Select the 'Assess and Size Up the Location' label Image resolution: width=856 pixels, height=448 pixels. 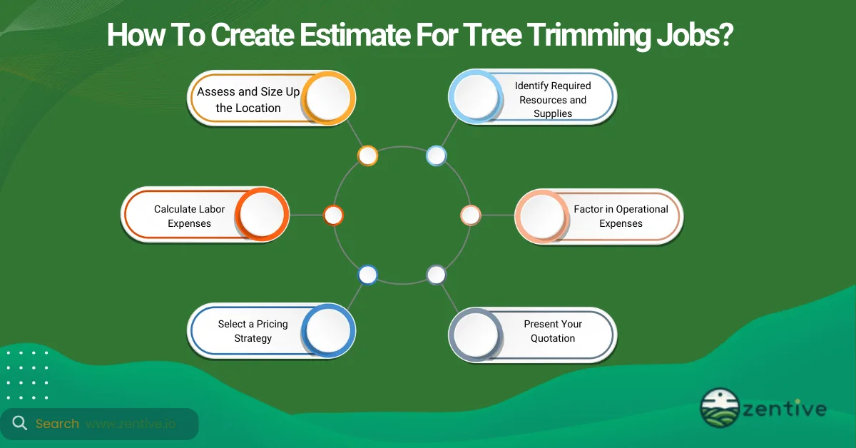tap(248, 100)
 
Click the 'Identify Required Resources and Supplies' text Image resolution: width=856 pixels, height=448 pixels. tap(553, 99)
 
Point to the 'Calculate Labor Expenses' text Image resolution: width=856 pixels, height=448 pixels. tap(189, 216)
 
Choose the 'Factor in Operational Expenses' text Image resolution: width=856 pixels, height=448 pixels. tap(621, 216)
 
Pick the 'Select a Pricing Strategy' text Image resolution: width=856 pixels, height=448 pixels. tap(253, 331)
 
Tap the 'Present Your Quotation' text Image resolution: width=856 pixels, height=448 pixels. tap(553, 331)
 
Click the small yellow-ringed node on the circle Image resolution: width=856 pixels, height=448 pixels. tap(367, 156)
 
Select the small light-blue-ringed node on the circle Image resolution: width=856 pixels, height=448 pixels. tap(436, 156)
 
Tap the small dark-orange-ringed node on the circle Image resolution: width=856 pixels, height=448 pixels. tap(333, 215)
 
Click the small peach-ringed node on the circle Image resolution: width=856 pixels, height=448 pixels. tap(470, 215)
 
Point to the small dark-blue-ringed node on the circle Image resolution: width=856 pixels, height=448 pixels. tap(367, 275)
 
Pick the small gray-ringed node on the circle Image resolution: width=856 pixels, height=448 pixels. tap(436, 275)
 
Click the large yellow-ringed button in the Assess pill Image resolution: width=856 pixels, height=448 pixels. tap(328, 98)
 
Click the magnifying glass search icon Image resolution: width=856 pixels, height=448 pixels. tap(20, 424)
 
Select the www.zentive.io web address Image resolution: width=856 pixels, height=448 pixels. tap(131, 424)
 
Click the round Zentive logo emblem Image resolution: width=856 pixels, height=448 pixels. tap(719, 408)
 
